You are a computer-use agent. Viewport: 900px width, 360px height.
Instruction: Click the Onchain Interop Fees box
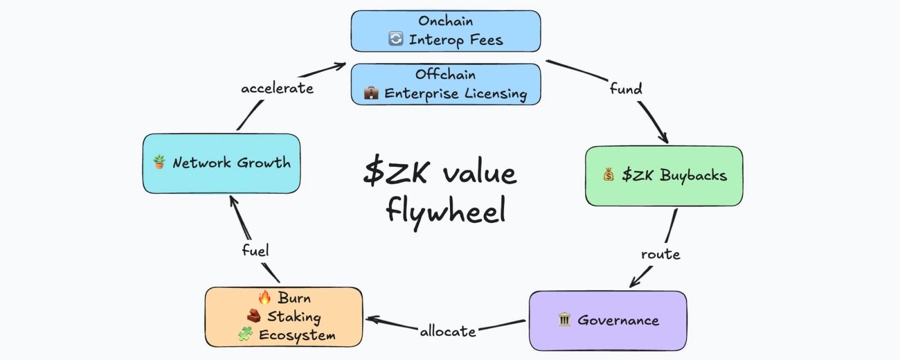click(445, 31)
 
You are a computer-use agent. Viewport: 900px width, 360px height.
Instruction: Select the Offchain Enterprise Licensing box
click(445, 84)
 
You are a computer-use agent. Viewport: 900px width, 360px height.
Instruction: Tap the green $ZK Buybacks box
click(664, 175)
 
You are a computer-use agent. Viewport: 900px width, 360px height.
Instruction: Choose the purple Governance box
click(607, 321)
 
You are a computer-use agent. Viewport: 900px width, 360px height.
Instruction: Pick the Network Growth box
click(221, 163)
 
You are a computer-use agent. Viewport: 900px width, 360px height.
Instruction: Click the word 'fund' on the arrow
click(625, 89)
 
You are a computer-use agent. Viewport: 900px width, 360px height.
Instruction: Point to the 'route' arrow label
click(660, 254)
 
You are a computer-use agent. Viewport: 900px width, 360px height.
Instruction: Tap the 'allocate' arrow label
click(448, 331)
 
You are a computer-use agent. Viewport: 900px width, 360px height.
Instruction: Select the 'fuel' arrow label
click(255, 250)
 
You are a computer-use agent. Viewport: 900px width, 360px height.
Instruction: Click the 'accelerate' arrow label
click(277, 88)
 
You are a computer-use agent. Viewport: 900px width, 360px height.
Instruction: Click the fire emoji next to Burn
click(264, 297)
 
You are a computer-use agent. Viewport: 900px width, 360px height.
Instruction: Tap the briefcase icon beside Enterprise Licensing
click(371, 93)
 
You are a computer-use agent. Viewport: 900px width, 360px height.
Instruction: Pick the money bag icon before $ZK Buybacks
click(609, 175)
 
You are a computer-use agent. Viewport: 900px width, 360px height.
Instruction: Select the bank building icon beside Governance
click(564, 320)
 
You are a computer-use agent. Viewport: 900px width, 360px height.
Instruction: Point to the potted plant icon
click(159, 162)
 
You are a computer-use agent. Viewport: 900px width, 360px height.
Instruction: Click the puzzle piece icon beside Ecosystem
click(245, 334)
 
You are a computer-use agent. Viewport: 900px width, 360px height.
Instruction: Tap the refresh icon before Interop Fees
click(396, 39)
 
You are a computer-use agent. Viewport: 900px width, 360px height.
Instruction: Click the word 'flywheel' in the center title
click(445, 211)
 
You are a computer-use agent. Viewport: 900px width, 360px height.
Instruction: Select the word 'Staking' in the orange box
click(294, 317)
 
